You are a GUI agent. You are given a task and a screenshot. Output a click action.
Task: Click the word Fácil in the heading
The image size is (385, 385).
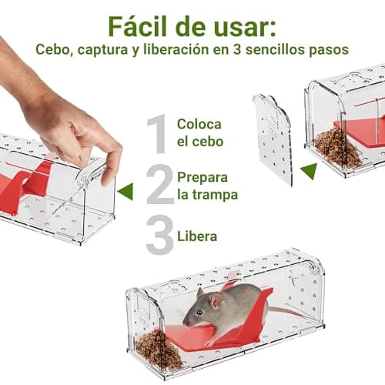137,27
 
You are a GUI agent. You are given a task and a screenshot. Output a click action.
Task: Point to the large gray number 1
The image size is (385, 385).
157,134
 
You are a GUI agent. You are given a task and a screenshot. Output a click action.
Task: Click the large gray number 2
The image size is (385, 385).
159,184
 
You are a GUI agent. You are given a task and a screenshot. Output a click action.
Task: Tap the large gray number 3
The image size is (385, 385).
159,234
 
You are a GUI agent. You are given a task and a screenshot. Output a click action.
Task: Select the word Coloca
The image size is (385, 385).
199,124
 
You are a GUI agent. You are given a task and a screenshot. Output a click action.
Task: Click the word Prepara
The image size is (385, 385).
203,178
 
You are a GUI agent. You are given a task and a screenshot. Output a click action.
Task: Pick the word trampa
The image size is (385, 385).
215,195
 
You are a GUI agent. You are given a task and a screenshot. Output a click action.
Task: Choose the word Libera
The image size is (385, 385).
197,236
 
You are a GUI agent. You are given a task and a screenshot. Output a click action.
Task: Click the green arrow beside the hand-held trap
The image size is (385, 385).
126,192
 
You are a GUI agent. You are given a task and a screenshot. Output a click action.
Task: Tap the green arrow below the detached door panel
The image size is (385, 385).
310,171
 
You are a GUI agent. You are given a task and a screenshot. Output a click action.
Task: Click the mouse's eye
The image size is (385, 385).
199,313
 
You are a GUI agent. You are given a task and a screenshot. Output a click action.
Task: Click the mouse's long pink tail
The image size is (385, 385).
286,312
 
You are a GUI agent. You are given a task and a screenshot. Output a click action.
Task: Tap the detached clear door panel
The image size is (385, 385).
273,139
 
